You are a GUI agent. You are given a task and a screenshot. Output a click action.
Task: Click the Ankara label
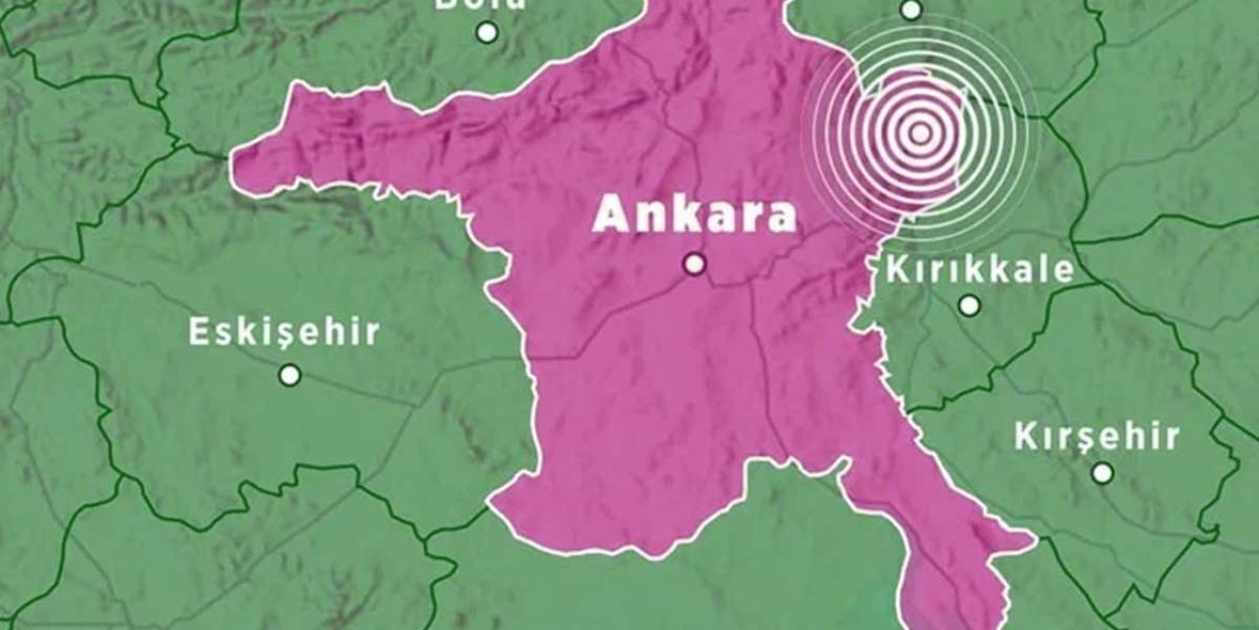pyautogui.click(x=694, y=216)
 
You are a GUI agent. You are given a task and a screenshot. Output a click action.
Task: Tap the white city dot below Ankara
pyautogui.click(x=695, y=264)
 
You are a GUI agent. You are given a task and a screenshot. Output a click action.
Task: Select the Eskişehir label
pyautogui.click(x=283, y=332)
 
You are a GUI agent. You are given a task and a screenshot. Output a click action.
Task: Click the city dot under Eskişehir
pyautogui.click(x=289, y=374)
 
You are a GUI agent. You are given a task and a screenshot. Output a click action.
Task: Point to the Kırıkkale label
pyautogui.click(x=980, y=269)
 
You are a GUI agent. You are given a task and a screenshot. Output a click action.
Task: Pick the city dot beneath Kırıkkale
pyautogui.click(x=969, y=305)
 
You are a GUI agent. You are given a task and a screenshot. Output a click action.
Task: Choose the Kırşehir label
pyautogui.click(x=1097, y=436)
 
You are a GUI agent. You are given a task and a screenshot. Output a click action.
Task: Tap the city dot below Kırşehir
pyautogui.click(x=1103, y=473)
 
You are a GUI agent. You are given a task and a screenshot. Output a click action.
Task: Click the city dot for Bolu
pyautogui.click(x=486, y=32)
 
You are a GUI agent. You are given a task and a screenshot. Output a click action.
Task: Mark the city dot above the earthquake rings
pyautogui.click(x=911, y=11)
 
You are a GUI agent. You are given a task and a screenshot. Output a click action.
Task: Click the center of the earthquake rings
pyautogui.click(x=920, y=132)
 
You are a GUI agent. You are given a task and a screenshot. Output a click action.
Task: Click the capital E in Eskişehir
pyautogui.click(x=199, y=332)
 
